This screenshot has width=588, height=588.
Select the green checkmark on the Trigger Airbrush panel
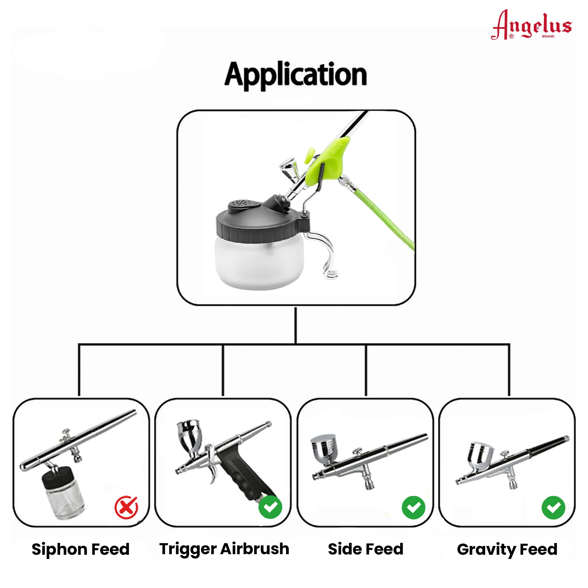(x=270, y=507)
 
